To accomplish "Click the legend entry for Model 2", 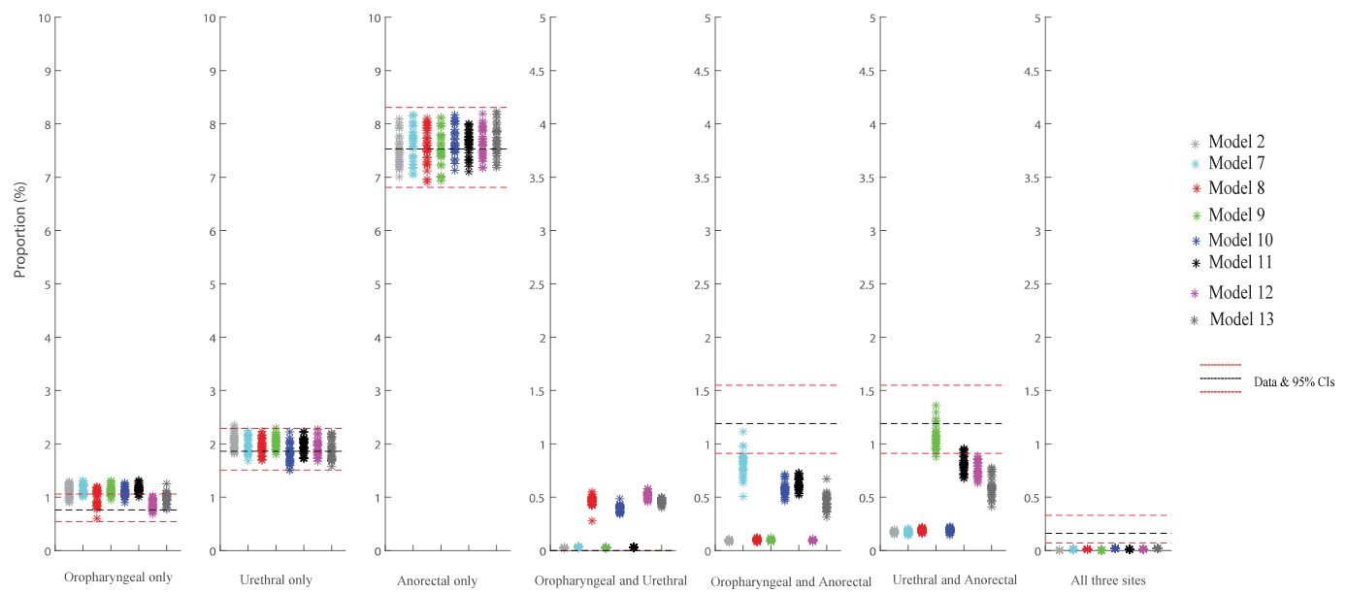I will tap(1234, 143).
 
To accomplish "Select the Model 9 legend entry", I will tap(1234, 214).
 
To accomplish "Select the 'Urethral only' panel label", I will tap(276, 580).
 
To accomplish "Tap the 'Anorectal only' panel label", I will tap(437, 581).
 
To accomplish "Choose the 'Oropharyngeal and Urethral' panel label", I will tap(610, 580).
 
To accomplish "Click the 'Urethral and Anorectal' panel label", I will tap(953, 579).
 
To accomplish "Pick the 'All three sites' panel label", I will tap(1110, 580).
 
